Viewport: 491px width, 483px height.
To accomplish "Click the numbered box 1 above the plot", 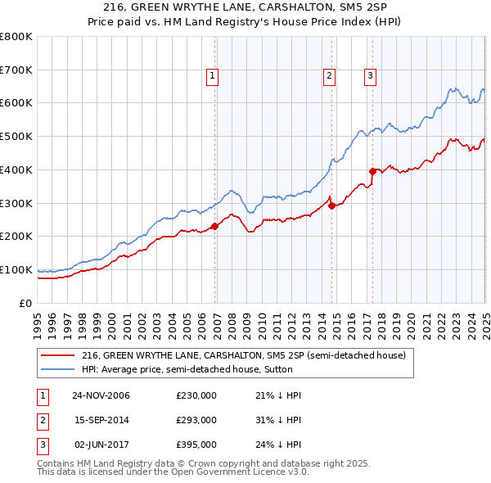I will point(212,76).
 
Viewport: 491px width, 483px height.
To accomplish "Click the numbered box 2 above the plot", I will point(329,76).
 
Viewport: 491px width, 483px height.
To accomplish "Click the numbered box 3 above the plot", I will point(370,76).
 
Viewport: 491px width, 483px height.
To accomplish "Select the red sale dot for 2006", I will point(214,226).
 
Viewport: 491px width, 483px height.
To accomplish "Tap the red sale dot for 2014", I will point(331,205).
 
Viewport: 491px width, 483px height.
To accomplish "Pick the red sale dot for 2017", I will point(372,171).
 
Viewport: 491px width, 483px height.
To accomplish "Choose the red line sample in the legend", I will point(58,355).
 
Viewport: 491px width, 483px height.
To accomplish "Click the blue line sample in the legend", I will point(58,369).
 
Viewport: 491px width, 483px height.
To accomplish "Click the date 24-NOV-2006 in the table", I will point(101,395).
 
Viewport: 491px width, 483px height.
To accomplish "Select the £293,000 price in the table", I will point(196,420).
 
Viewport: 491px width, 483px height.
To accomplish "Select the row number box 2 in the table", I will point(40,420).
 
